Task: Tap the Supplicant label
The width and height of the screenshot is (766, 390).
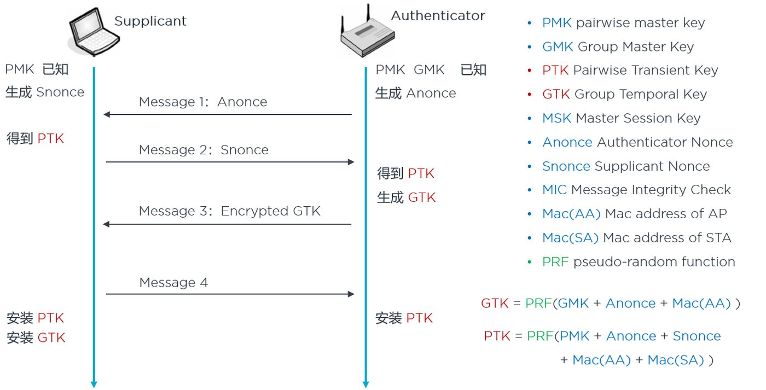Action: pyautogui.click(x=150, y=21)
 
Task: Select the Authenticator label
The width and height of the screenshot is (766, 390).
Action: pyautogui.click(x=438, y=16)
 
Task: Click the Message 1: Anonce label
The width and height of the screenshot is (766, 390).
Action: pyautogui.click(x=203, y=102)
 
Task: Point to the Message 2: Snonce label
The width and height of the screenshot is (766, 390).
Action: pyautogui.click(x=204, y=150)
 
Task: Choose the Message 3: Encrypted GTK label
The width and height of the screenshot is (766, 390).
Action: pyautogui.click(x=230, y=212)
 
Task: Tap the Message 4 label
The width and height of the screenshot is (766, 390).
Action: pyautogui.click(x=173, y=283)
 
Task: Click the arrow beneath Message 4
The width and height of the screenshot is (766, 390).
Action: pyautogui.click(x=230, y=294)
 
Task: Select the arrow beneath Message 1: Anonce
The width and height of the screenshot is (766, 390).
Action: pyautogui.click(x=227, y=115)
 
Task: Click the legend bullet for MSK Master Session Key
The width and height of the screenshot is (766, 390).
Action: pyautogui.click(x=529, y=119)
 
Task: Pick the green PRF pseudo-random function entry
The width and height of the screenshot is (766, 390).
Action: pyautogui.click(x=638, y=262)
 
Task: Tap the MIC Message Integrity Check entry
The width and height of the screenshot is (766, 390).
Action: pyautogui.click(x=636, y=190)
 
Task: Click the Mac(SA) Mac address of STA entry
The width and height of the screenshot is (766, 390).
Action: pyautogui.click(x=636, y=238)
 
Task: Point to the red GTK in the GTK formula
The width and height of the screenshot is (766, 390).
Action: pyautogui.click(x=495, y=304)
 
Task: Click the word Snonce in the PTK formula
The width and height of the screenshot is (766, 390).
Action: pyautogui.click(x=697, y=336)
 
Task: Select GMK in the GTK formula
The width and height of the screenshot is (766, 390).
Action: pyautogui.click(x=573, y=304)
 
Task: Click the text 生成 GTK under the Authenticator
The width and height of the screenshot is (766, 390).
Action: pyautogui.click(x=406, y=197)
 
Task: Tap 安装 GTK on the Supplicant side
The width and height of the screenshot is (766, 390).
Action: pyautogui.click(x=36, y=338)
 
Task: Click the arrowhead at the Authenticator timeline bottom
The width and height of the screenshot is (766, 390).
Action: pyautogui.click(x=365, y=384)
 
